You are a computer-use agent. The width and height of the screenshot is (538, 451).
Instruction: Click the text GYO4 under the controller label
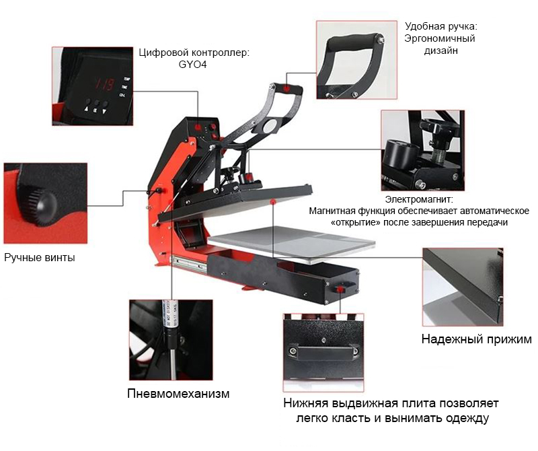pos(192,65)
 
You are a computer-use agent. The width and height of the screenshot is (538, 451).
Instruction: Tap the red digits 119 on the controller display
pos(104,84)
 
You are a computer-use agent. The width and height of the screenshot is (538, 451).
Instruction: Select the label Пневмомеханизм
pos(178,393)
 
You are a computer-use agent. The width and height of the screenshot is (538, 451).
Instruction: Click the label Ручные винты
pos(40,258)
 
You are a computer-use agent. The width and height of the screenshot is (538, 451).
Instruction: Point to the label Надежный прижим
pos(477,339)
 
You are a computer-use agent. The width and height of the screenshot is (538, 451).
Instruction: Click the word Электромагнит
pos(419,199)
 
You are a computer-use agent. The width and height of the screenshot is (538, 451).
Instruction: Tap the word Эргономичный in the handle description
pos(440,38)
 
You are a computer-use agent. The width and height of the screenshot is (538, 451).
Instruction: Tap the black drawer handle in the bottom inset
pos(323,353)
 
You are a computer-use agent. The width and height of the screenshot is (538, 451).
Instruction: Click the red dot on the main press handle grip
pos(286,88)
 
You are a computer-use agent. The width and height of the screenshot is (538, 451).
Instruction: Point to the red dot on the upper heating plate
pos(273,201)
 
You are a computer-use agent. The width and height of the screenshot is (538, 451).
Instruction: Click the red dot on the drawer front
pos(340,289)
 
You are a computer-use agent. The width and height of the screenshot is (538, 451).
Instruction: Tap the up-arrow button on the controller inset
pos(86,110)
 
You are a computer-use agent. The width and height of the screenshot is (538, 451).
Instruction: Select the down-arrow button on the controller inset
pos(104,111)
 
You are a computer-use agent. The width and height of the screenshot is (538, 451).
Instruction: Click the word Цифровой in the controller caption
pos(163,53)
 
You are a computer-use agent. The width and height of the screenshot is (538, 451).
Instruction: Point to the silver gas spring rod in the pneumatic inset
pos(174,363)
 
